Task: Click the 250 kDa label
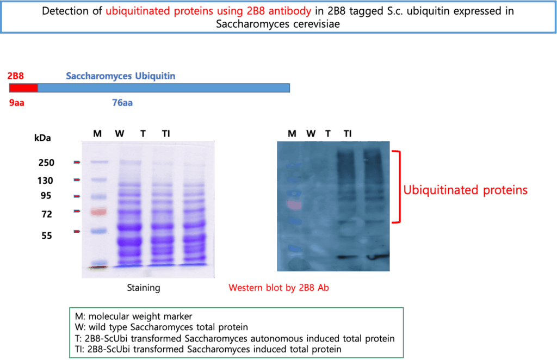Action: coord(47,163)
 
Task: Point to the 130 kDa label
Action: coord(45,181)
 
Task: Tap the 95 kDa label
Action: coord(46,196)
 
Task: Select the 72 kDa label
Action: coord(47,214)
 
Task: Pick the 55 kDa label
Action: coord(47,235)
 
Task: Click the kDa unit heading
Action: coord(42,138)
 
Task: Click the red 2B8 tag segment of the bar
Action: coord(23,88)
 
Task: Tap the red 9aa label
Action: coord(17,103)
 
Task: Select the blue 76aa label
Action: coord(122,103)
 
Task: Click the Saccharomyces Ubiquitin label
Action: coord(120,76)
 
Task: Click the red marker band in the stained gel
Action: coord(99,212)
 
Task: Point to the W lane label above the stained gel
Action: coord(119,133)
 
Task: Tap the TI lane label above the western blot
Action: coord(348,133)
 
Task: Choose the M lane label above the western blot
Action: coord(292,133)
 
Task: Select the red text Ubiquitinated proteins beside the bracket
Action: coord(466,190)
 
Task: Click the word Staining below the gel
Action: coord(144,288)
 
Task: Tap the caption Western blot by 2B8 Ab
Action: coord(279,288)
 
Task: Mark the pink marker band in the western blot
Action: coord(294,205)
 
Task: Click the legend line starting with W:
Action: coord(162,327)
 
